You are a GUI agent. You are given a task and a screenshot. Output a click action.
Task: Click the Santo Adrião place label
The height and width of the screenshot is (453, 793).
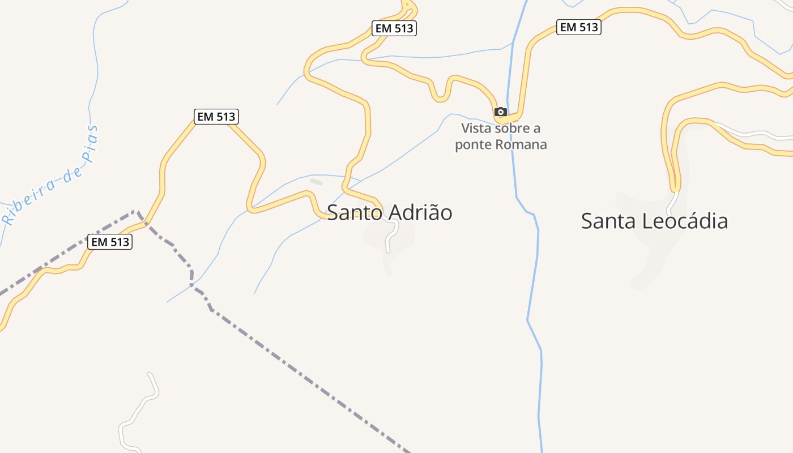pyautogui.click(x=390, y=213)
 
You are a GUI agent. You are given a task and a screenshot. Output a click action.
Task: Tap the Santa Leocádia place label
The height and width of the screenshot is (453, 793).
pyautogui.click(x=654, y=221)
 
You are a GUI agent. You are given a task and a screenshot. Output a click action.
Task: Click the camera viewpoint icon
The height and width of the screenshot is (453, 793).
pyautogui.click(x=500, y=112)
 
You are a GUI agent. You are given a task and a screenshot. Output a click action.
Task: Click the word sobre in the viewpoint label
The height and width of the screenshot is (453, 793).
pyautogui.click(x=512, y=128)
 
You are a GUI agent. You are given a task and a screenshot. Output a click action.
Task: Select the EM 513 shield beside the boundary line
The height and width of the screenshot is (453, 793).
pyautogui.click(x=110, y=242)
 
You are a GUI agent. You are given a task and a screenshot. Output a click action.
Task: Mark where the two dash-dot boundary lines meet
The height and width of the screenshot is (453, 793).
pyautogui.click(x=137, y=212)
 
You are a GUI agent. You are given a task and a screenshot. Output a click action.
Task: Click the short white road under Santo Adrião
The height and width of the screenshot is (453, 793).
pyautogui.click(x=390, y=237)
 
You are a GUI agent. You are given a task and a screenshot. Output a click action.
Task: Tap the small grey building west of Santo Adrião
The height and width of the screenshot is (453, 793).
pyautogui.click(x=316, y=182)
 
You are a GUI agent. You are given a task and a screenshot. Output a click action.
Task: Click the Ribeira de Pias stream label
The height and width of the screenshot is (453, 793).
pyautogui.click(x=51, y=176)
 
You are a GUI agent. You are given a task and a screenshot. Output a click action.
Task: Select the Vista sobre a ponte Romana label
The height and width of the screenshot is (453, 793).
pyautogui.click(x=501, y=136)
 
